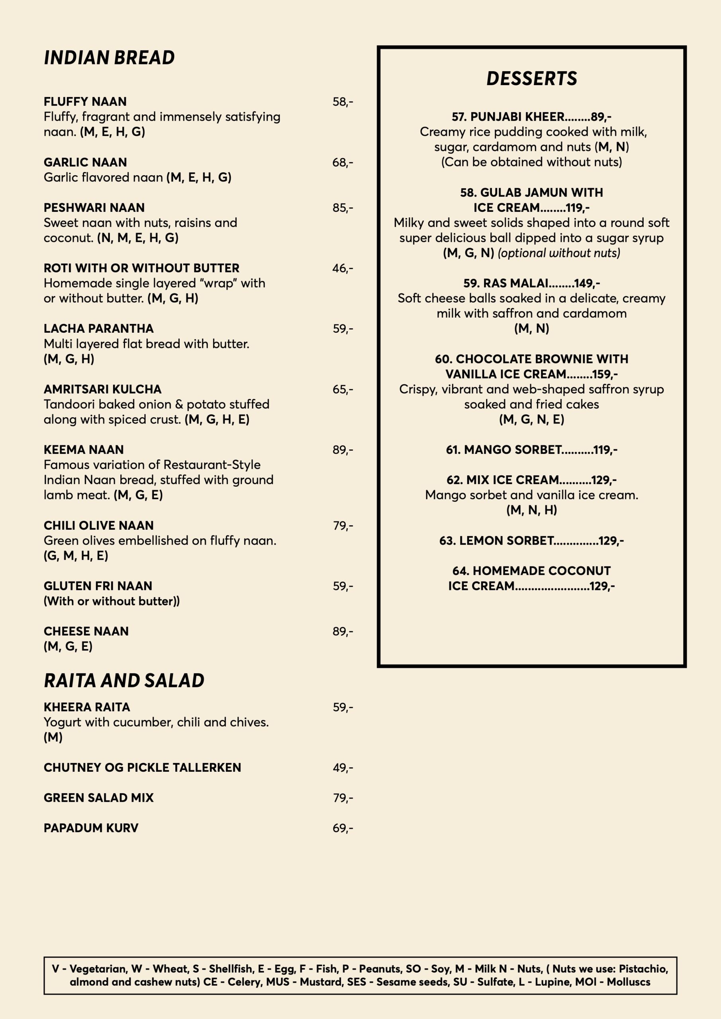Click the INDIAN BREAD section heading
(x=109, y=58)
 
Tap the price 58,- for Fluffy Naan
(x=343, y=102)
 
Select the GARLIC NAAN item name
(x=85, y=162)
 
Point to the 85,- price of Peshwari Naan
(x=343, y=208)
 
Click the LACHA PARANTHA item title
(x=99, y=328)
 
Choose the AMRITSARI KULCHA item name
(x=103, y=389)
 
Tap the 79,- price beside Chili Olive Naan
(x=343, y=525)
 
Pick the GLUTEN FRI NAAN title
(x=98, y=586)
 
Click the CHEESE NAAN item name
(x=86, y=631)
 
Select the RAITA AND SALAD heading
(x=124, y=680)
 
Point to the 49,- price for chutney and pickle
(x=343, y=767)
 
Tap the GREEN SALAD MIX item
(x=99, y=798)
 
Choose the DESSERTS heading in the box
(x=532, y=78)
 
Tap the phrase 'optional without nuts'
(x=559, y=253)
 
